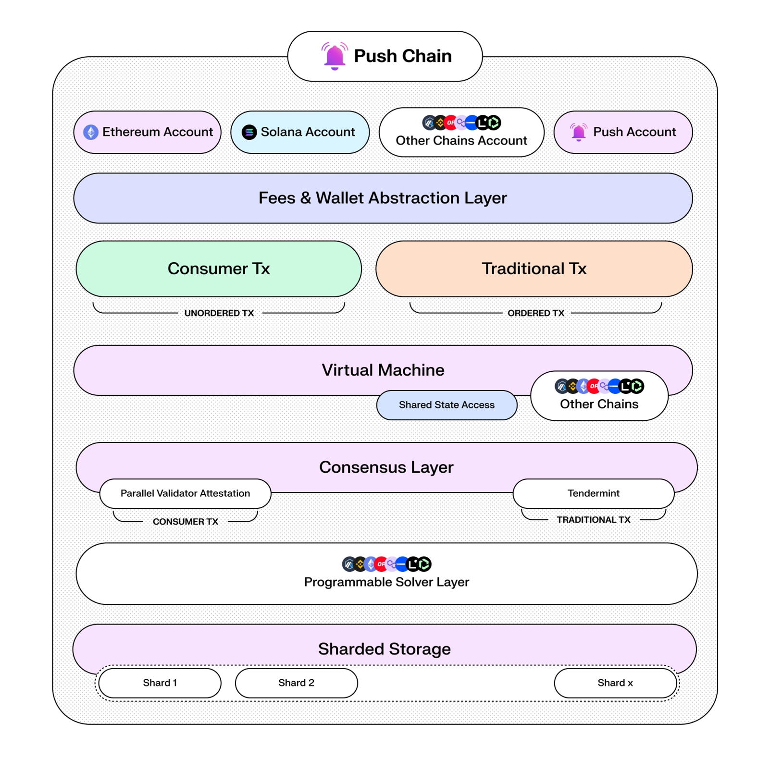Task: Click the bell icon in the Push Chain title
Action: tap(335, 56)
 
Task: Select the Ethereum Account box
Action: tap(147, 132)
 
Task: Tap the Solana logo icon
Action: tap(249, 132)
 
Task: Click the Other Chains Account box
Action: tap(461, 133)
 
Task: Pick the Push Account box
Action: tap(623, 132)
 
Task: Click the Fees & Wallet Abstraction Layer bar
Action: tap(383, 198)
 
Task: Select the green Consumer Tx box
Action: tap(219, 269)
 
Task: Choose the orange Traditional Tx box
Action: tap(534, 269)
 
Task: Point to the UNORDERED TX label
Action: tap(219, 313)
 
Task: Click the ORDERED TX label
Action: tap(535, 313)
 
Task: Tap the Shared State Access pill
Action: tap(447, 405)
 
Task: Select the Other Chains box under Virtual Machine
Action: tap(599, 397)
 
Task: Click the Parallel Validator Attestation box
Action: tap(185, 493)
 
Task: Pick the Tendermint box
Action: tap(593, 493)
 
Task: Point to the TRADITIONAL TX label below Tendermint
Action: tap(593, 520)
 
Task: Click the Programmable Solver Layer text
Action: tap(386, 582)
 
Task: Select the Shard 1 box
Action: tap(160, 683)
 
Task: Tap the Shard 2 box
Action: tap(296, 683)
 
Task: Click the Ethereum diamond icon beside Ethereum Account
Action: tap(91, 132)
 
